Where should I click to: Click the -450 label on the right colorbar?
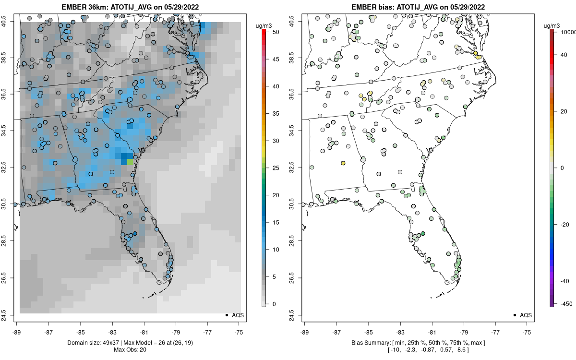pos(565,304)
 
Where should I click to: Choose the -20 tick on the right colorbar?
pos(564,224)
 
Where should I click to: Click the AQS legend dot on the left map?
pos(227,315)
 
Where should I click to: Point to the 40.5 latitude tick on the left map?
pos(9,21)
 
